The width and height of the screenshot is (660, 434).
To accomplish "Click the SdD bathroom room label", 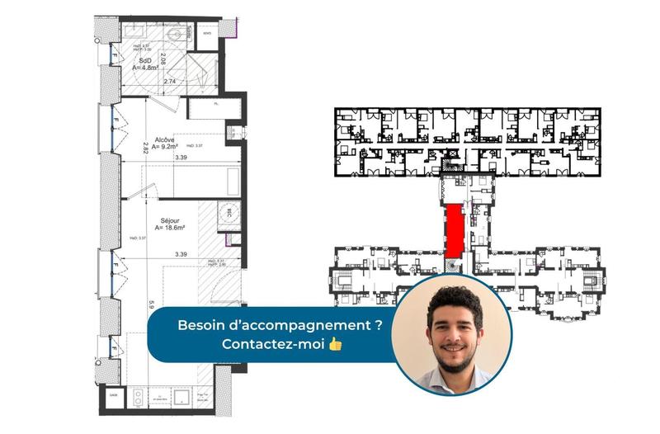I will click(x=145, y=60).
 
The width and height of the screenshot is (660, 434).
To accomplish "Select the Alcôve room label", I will click(x=164, y=140).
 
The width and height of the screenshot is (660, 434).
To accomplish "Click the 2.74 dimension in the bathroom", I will click(x=171, y=82).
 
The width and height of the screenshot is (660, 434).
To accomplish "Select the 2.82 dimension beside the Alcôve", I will click(x=145, y=149).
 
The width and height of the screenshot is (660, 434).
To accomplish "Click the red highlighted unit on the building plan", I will click(x=453, y=231).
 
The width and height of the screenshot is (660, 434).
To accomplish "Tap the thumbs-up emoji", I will click(x=334, y=343).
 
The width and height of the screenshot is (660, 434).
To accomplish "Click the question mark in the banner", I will click(x=378, y=325).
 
